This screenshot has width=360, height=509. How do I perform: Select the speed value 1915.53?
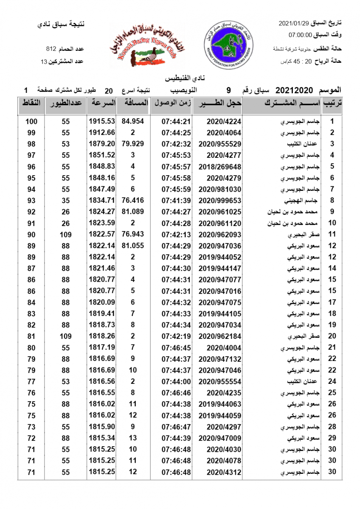[102, 121]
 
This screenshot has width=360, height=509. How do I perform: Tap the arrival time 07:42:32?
[175, 144]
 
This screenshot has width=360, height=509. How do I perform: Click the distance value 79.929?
[133, 144]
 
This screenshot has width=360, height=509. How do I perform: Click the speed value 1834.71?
[102, 200]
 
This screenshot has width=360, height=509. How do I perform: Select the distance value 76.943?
[133, 235]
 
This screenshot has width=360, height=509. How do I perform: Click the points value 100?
[31, 121]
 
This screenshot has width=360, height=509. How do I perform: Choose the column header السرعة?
[102, 103]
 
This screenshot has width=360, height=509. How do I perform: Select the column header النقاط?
[31, 103]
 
